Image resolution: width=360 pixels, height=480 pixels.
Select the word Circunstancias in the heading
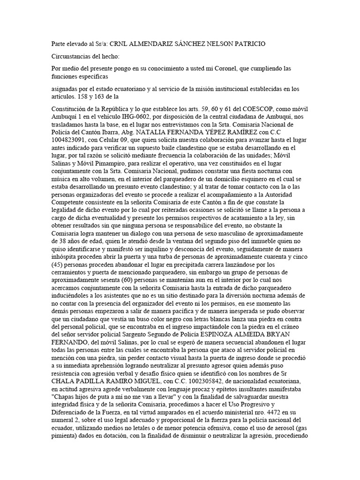pyautogui.click(x=72, y=56)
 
